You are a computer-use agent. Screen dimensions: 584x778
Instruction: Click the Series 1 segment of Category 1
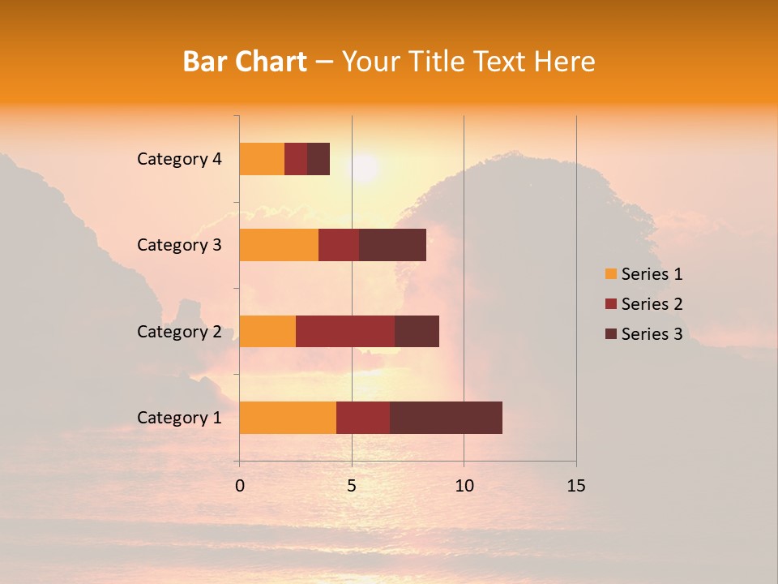pyautogui.click(x=288, y=417)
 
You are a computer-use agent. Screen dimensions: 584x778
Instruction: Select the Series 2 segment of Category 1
pyautogui.click(x=363, y=417)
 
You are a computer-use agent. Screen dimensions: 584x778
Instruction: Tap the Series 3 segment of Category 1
pyautogui.click(x=446, y=417)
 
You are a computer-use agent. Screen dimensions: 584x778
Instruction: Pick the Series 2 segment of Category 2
pyautogui.click(x=345, y=331)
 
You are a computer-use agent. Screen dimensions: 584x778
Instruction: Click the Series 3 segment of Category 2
pyautogui.click(x=417, y=331)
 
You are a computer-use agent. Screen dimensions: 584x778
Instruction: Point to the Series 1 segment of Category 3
pyautogui.click(x=279, y=245)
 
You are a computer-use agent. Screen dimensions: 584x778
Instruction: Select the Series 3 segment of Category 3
pyautogui.click(x=392, y=245)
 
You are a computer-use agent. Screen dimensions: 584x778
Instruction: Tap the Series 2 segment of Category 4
pyautogui.click(x=296, y=159)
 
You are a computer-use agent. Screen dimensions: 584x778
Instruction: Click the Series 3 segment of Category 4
pyautogui.click(x=318, y=159)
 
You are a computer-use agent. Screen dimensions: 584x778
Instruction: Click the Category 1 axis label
pyautogui.click(x=179, y=418)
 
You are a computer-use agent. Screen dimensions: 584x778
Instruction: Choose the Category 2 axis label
pyautogui.click(x=179, y=332)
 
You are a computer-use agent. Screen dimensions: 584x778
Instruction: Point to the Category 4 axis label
pyautogui.click(x=179, y=159)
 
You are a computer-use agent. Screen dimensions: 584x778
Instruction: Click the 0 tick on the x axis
pyautogui.click(x=240, y=486)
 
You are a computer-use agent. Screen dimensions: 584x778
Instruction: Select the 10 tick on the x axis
pyautogui.click(x=464, y=486)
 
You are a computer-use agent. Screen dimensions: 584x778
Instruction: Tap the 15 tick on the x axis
pyautogui.click(x=576, y=486)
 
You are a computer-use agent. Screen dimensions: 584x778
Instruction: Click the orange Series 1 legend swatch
pyautogui.click(x=610, y=274)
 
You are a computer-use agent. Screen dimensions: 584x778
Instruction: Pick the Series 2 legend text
pyautogui.click(x=652, y=304)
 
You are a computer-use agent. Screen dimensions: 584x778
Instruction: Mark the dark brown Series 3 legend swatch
pyautogui.click(x=610, y=334)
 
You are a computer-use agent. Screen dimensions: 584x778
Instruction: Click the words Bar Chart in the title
pyautogui.click(x=245, y=62)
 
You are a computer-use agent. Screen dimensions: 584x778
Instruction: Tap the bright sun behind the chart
pyautogui.click(x=364, y=168)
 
